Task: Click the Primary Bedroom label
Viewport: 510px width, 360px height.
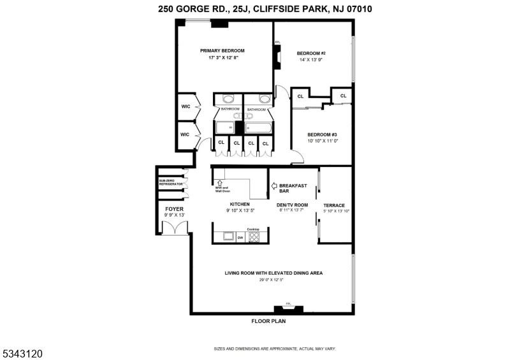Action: [x=222, y=51]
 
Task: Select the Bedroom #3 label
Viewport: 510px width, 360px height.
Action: [x=322, y=134]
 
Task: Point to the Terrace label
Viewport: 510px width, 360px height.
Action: [x=334, y=205]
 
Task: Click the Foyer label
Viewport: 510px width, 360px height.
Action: [x=175, y=209]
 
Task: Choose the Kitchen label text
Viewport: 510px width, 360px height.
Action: [x=231, y=204]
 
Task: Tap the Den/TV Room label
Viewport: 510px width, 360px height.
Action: [x=293, y=205]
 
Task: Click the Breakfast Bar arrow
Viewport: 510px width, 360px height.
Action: [x=274, y=187]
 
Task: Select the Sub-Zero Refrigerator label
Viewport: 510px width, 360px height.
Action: [x=171, y=182]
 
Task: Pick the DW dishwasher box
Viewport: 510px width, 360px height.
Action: [x=240, y=238]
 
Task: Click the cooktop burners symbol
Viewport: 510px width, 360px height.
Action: [x=254, y=237]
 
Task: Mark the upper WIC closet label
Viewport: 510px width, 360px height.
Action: [x=186, y=106]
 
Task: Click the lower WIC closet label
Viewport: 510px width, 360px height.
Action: [x=186, y=134]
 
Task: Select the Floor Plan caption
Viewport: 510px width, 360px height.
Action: [x=268, y=322]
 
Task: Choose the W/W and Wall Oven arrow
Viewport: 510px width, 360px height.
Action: [x=219, y=183]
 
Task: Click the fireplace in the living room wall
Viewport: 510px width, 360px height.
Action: [x=288, y=310]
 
